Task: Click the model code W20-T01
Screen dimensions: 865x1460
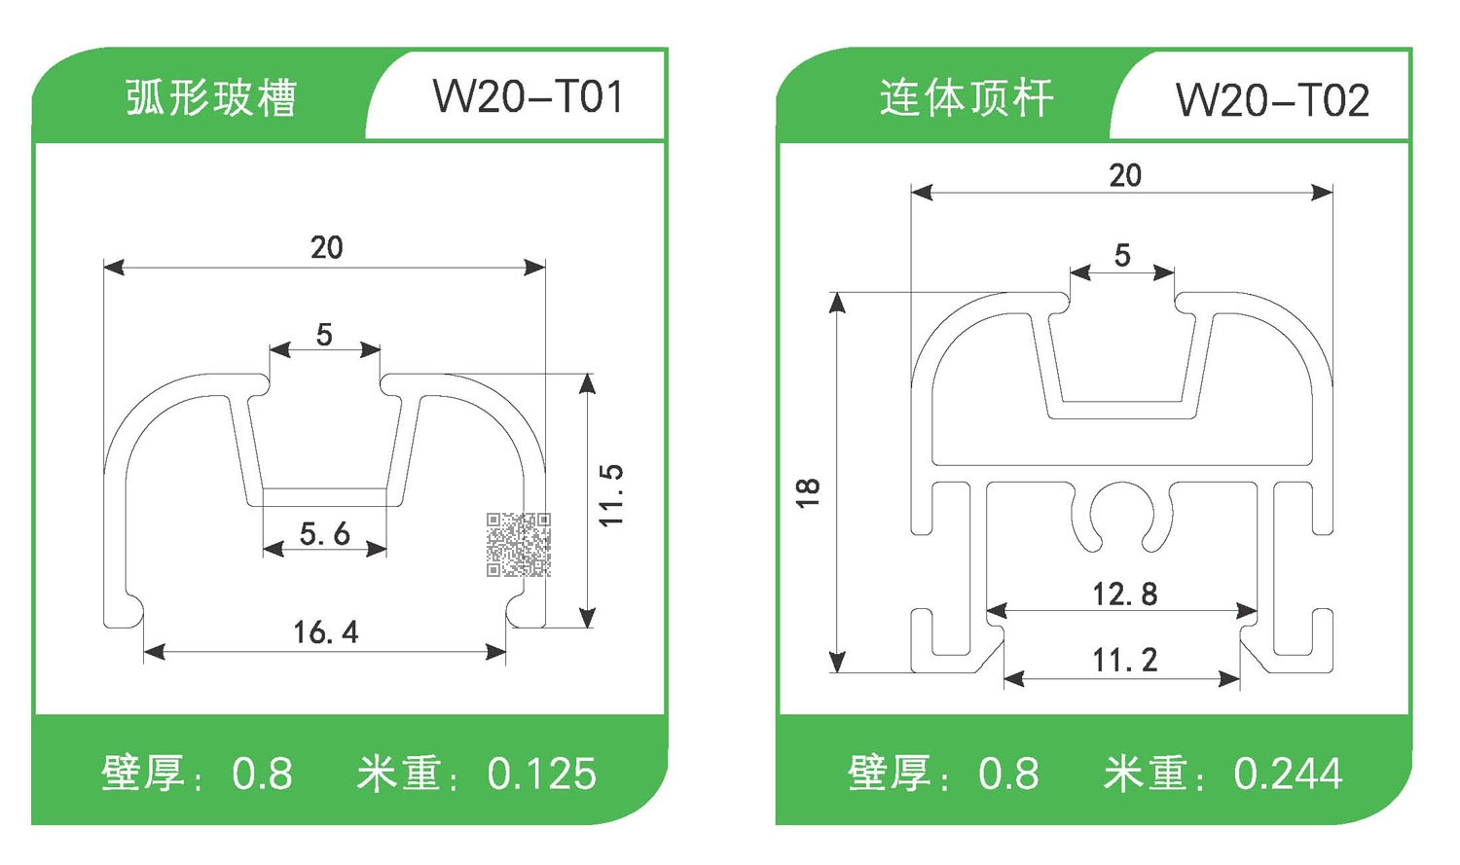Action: pyautogui.click(x=528, y=97)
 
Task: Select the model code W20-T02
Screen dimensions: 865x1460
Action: pyautogui.click(x=1272, y=99)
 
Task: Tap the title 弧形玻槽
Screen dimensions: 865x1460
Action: pyautogui.click(x=210, y=98)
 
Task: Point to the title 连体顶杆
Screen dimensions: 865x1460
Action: pyautogui.click(x=966, y=98)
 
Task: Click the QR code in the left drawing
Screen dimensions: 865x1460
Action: pyautogui.click(x=519, y=545)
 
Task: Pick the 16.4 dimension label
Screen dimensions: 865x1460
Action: pyautogui.click(x=326, y=632)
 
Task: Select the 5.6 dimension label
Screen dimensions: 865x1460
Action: pyautogui.click(x=324, y=533)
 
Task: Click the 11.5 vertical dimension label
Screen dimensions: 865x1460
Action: pyautogui.click(x=610, y=495)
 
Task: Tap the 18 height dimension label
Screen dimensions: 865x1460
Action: pyautogui.click(x=808, y=492)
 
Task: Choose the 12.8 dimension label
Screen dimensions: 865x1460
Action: pyautogui.click(x=1124, y=594)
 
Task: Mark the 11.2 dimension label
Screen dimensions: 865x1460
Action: pyautogui.click(x=1124, y=661)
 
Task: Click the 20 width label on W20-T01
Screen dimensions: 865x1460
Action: pyautogui.click(x=327, y=247)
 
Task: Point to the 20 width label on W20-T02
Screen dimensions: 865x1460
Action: pyautogui.click(x=1125, y=175)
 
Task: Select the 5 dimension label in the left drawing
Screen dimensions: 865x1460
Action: pyautogui.click(x=324, y=335)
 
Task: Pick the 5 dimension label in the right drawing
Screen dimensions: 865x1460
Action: pyautogui.click(x=1122, y=255)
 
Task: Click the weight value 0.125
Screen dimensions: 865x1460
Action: pyautogui.click(x=541, y=775)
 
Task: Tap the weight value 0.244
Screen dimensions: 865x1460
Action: pyautogui.click(x=1288, y=775)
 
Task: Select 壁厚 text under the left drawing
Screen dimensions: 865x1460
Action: pyautogui.click(x=143, y=775)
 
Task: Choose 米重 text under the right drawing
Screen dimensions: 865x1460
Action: pyautogui.click(x=1146, y=775)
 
